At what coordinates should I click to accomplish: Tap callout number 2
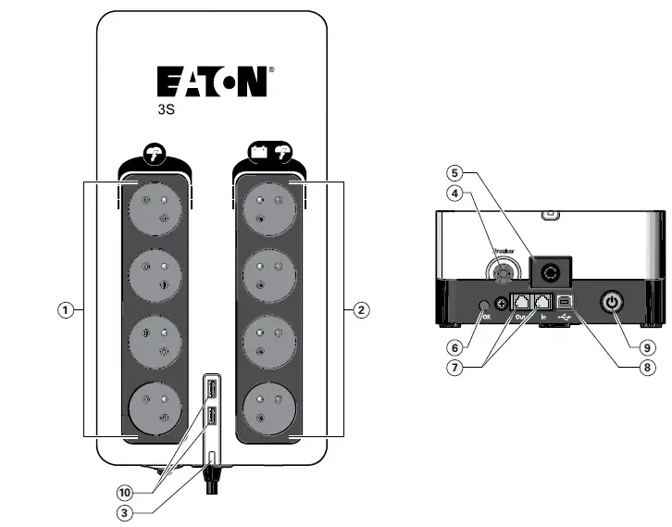(x=361, y=311)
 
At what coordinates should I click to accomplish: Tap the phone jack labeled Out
(x=521, y=302)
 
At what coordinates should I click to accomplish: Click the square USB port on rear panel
(x=565, y=302)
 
